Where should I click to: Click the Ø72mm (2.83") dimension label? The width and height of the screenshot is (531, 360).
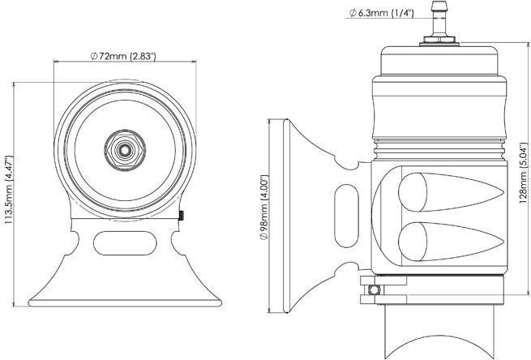(x=123, y=55)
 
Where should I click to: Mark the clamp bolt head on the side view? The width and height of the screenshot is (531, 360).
(x=371, y=289)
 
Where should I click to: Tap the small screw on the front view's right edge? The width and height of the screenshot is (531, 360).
(x=183, y=215)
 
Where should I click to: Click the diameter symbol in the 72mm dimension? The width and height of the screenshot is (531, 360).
(x=94, y=55)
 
